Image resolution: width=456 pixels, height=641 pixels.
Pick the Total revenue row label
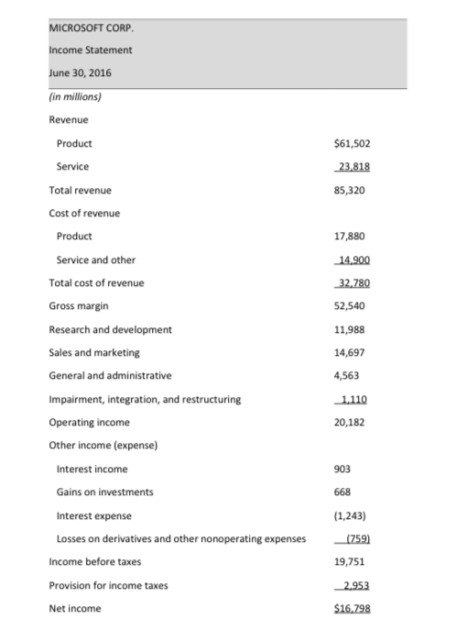81,190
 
